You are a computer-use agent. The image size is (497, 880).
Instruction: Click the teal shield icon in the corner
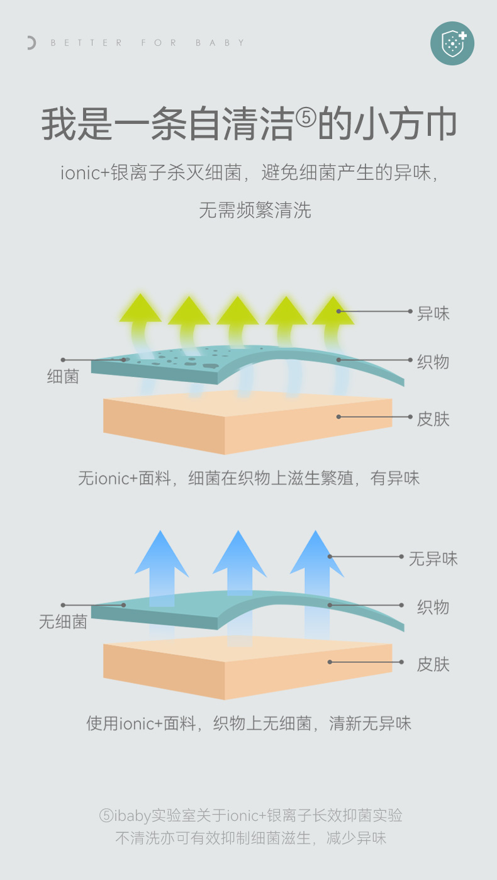pos(452,43)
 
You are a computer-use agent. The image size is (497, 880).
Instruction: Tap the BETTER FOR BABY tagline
pos(148,43)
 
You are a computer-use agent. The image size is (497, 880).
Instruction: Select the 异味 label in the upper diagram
pos(433,313)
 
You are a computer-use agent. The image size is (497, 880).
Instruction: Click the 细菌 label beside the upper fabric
pos(63,377)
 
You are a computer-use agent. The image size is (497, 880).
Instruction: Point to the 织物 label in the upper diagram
pos(433,362)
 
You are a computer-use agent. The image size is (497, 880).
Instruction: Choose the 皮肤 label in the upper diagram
pos(433,418)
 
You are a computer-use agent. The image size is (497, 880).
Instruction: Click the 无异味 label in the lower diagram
pos(433,558)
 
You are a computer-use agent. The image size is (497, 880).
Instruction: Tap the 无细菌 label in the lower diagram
pos(63,622)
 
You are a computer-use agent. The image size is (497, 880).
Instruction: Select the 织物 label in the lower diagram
pos(433,607)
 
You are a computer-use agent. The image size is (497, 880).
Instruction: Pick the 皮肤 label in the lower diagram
pos(433,664)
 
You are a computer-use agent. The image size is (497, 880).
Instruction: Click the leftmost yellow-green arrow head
pos(140,308)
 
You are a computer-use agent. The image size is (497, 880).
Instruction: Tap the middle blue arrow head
pos(239,554)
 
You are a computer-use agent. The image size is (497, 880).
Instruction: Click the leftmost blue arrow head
pos(162,554)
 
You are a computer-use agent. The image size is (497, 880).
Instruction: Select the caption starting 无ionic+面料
pos(248,478)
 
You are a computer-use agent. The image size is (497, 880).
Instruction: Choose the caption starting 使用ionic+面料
pos(248,723)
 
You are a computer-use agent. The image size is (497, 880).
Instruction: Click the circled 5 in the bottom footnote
pos(106,816)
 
